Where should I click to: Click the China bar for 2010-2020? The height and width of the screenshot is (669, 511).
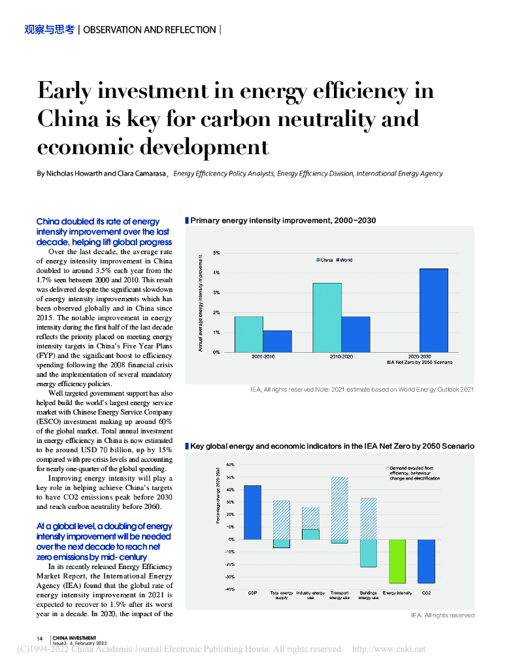[327, 318]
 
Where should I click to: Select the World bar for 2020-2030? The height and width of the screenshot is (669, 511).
[433, 310]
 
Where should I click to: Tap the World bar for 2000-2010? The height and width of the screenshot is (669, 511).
[277, 341]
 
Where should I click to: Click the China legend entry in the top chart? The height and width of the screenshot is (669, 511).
[325, 260]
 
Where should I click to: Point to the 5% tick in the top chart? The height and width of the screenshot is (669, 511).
[216, 252]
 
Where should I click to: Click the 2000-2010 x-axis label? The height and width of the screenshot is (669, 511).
[263, 357]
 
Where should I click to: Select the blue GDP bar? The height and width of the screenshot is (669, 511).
[252, 512]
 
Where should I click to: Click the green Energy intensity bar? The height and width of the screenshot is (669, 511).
[397, 561]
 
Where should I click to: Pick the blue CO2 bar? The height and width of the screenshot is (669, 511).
[426, 561]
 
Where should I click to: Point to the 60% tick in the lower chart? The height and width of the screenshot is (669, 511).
[230, 465]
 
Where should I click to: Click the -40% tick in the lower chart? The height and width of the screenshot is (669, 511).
[229, 589]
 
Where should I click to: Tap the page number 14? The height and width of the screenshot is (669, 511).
[39, 638]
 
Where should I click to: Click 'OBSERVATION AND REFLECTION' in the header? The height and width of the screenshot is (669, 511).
[150, 29]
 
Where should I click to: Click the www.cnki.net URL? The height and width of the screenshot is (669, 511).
[389, 649]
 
